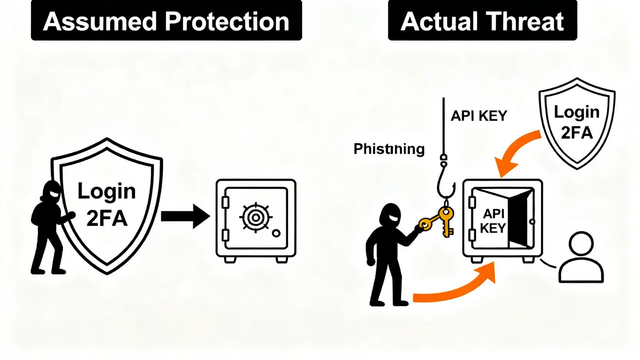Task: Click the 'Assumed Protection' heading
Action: click(x=166, y=21)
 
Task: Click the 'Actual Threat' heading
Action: click(x=482, y=21)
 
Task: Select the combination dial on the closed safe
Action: click(x=256, y=217)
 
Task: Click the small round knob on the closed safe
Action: click(x=276, y=233)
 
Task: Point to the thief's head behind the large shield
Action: click(x=51, y=191)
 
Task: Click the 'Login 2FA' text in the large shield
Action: click(x=107, y=204)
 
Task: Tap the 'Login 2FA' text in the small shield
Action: click(x=576, y=122)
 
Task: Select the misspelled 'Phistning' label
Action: click(x=389, y=149)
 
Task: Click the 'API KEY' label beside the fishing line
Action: click(x=479, y=116)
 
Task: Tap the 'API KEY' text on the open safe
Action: click(x=493, y=221)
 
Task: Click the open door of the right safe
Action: click(x=521, y=219)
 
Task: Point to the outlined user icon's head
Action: click(x=581, y=243)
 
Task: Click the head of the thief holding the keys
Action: click(x=391, y=215)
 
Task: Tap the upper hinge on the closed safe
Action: click(x=225, y=202)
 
